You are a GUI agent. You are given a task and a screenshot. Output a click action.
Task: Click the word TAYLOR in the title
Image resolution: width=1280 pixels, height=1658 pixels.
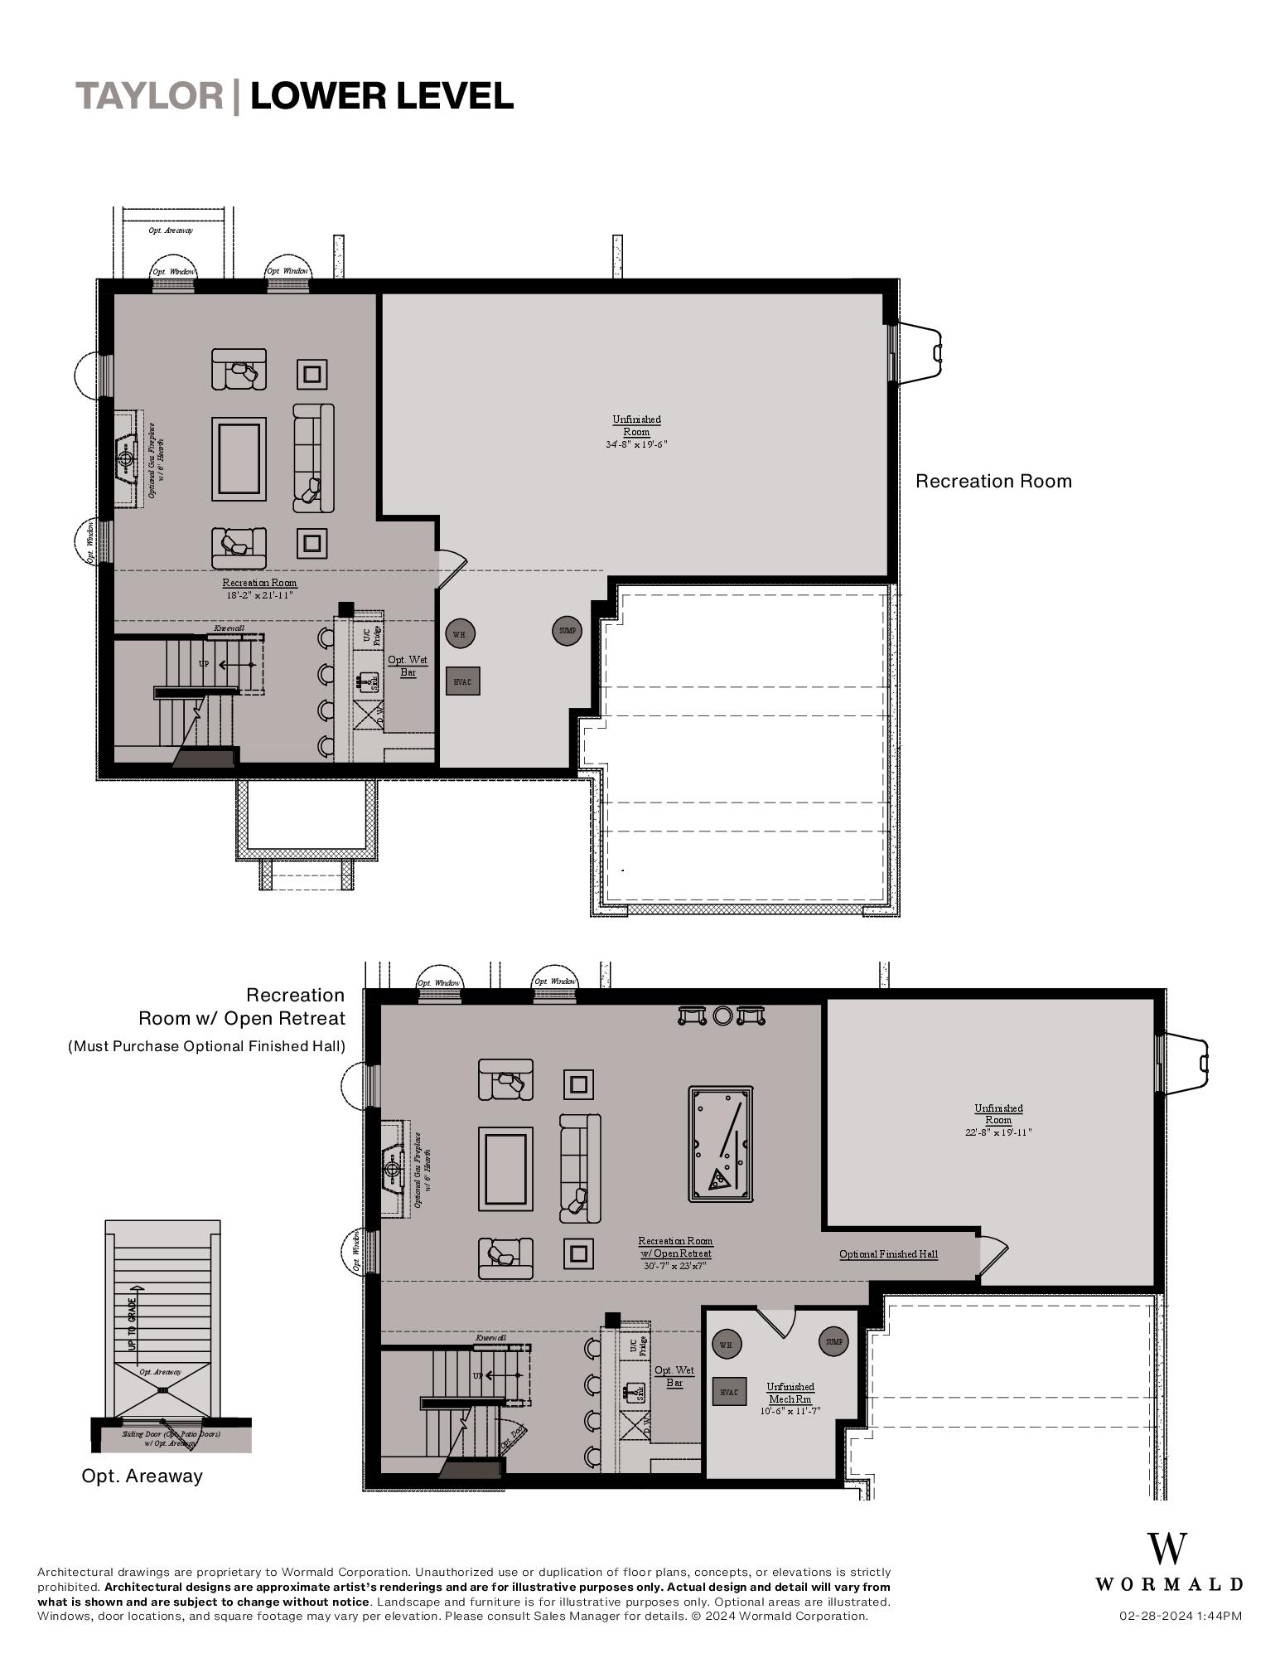[x=150, y=96]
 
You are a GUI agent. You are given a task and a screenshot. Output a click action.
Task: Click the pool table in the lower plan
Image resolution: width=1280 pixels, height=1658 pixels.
[x=720, y=1144]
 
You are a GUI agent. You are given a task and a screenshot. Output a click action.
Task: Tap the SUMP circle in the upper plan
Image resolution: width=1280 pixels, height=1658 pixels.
[x=567, y=631]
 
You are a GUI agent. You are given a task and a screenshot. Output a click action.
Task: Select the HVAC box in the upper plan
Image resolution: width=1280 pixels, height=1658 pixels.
[x=462, y=681]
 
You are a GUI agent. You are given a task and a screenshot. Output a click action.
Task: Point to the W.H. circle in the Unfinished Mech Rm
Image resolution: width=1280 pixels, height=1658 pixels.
[x=726, y=1345]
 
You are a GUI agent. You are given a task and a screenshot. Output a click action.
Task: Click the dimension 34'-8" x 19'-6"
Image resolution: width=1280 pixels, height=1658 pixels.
[x=636, y=444]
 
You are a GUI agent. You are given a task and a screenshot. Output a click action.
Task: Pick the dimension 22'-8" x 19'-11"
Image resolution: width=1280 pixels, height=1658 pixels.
[x=997, y=1132]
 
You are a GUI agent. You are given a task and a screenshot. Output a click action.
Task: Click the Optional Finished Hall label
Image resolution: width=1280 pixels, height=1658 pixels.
[x=888, y=1254]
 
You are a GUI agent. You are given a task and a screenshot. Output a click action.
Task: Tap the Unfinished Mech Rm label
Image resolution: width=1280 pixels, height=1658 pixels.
[x=790, y=1393]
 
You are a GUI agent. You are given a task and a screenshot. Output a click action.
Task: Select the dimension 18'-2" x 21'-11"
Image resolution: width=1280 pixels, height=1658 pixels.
[x=259, y=595]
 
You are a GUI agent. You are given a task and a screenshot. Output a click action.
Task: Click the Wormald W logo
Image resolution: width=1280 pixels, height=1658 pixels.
[x=1167, y=1549]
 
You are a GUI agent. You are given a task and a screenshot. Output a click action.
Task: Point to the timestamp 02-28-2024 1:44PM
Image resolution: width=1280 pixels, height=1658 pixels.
[x=1180, y=1616]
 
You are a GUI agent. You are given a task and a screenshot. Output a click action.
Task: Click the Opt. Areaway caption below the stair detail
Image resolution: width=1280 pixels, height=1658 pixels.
[x=142, y=1476]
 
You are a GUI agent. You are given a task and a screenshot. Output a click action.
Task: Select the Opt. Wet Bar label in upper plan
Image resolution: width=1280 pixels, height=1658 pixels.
[x=408, y=666]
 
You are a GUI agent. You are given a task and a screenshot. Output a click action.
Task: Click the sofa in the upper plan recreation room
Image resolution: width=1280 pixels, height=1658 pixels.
[x=313, y=458]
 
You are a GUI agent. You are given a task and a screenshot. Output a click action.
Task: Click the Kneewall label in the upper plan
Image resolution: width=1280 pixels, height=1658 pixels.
[x=229, y=628]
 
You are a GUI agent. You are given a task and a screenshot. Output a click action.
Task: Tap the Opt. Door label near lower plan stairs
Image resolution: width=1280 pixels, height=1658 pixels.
[x=512, y=1437]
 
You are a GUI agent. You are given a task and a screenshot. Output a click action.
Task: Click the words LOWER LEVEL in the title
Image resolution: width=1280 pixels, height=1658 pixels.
[x=382, y=96]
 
